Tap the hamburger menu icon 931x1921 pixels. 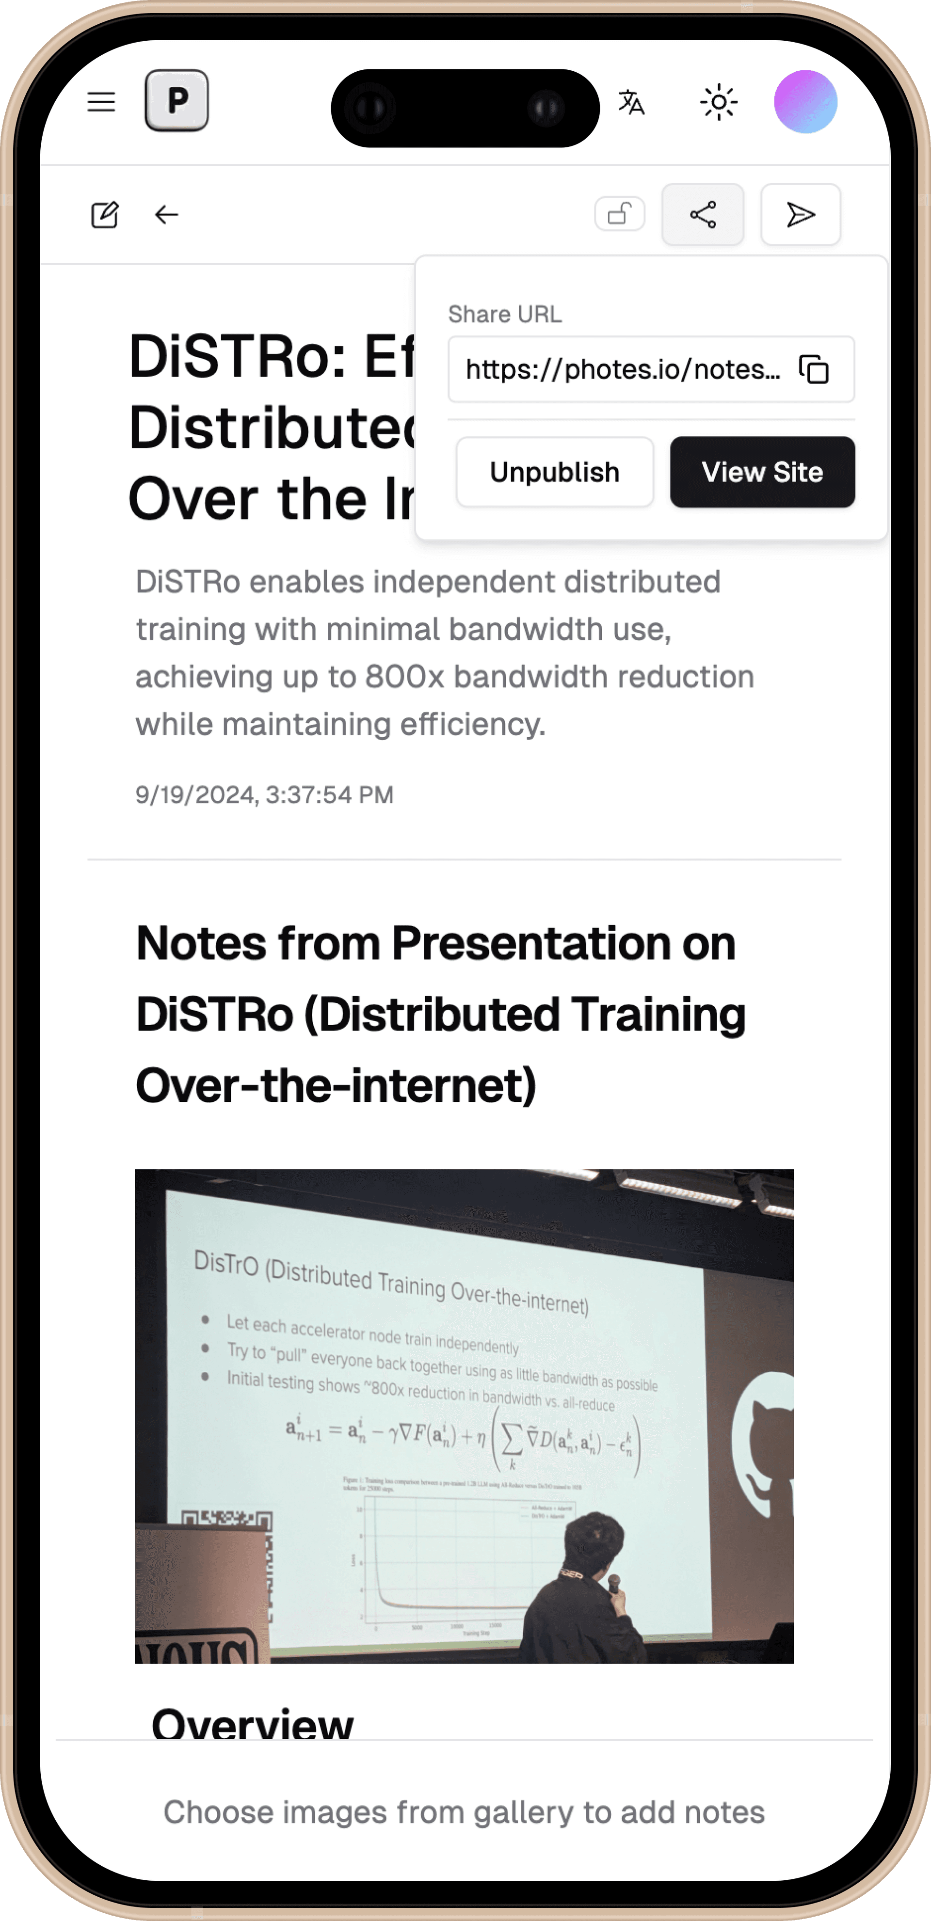point(101,102)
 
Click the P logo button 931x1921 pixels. point(177,101)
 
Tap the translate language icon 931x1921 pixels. point(631,102)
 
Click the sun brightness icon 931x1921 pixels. point(719,102)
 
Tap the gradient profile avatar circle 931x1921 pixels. point(806,102)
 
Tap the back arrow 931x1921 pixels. point(166,215)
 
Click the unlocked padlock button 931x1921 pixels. point(620,215)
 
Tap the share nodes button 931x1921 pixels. point(703,215)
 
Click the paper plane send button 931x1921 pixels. point(801,215)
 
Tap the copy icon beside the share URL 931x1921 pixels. point(814,369)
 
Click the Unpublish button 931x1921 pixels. point(554,472)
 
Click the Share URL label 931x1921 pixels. point(505,315)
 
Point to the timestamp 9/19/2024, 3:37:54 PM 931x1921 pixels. point(265,795)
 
